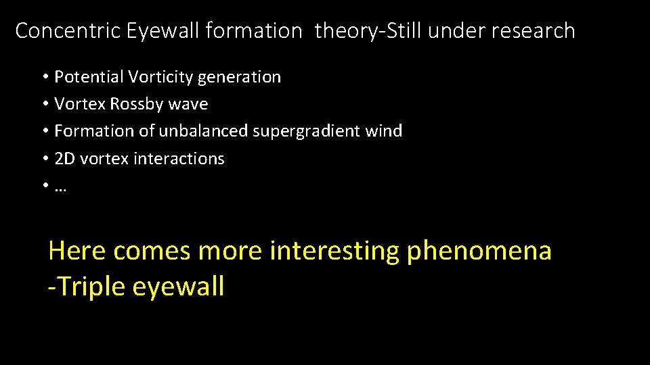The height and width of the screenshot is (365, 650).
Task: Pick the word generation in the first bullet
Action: (x=239, y=78)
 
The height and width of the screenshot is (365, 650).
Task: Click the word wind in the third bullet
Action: (x=387, y=131)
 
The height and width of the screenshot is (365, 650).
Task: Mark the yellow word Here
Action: (x=77, y=251)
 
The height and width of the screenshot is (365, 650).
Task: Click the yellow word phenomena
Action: (x=479, y=251)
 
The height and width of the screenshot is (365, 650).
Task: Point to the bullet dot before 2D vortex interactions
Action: (x=44, y=159)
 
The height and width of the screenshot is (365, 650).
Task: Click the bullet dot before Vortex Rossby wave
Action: (x=44, y=104)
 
